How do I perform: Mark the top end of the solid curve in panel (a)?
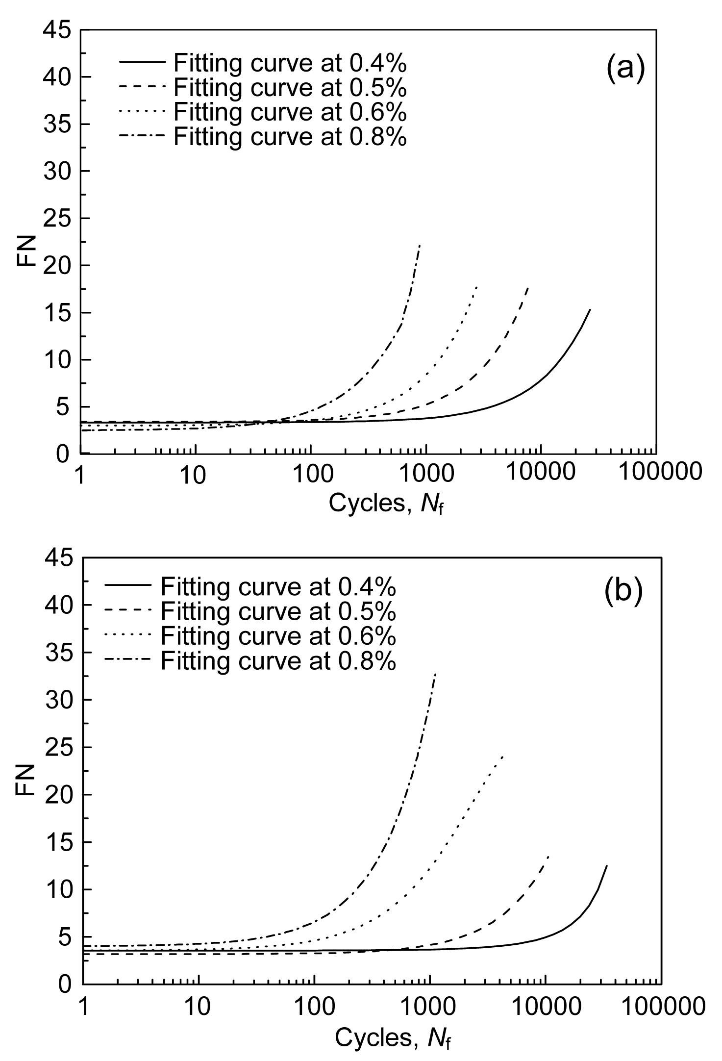click(x=590, y=309)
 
